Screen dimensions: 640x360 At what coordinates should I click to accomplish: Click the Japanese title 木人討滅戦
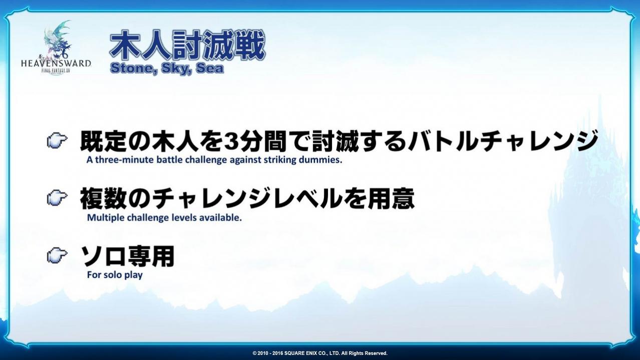(x=187, y=46)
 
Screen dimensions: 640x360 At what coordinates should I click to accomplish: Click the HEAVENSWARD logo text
(x=56, y=63)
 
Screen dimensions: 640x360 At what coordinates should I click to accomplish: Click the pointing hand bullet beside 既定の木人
(x=57, y=141)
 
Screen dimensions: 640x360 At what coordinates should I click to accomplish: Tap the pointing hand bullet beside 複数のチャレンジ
(x=57, y=198)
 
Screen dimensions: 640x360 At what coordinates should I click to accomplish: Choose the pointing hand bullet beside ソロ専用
(x=57, y=255)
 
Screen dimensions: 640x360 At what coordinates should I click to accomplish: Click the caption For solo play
(x=115, y=275)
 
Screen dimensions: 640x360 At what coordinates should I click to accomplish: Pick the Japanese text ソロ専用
(x=127, y=256)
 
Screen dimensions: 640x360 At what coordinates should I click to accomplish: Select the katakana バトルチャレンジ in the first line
(x=502, y=141)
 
